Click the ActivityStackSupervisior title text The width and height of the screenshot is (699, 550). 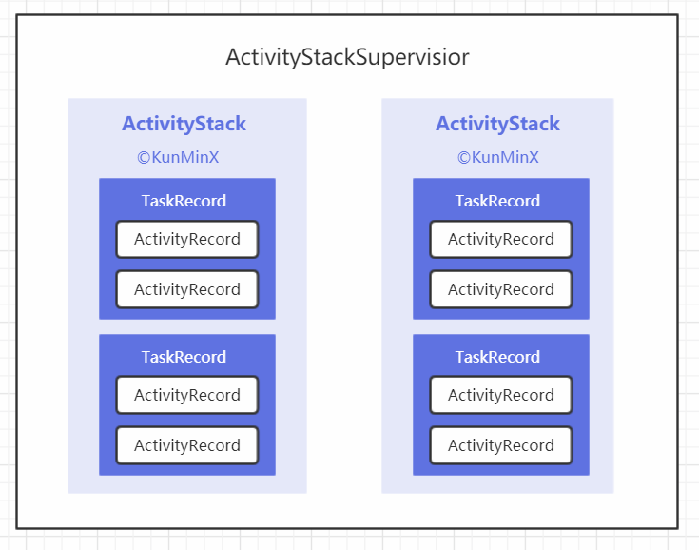point(347,57)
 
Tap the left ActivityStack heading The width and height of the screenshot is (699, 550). point(184,124)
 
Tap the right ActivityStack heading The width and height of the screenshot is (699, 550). point(498,124)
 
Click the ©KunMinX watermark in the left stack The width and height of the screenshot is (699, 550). point(178,157)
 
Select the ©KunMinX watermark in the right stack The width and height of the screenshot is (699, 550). point(498,157)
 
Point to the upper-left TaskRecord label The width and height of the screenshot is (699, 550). point(184,201)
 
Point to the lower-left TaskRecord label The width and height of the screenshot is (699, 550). point(184,357)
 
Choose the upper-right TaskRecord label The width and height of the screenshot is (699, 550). point(497,201)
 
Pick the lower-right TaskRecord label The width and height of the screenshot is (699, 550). point(497,357)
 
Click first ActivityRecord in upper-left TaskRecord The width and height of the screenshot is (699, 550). point(187,240)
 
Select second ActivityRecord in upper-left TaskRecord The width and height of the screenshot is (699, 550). point(187,289)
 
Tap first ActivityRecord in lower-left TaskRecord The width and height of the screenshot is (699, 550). point(187,395)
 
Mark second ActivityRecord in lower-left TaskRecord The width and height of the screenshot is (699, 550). point(187,445)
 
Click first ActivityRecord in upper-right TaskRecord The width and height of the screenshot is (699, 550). point(501,240)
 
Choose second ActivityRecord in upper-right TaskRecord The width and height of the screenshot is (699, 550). point(501,289)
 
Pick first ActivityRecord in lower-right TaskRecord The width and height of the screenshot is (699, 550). point(501,395)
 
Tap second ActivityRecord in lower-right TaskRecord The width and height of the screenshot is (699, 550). point(501,445)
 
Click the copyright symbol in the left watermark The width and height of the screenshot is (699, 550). point(144,157)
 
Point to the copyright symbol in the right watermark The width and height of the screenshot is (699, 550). point(464,157)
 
